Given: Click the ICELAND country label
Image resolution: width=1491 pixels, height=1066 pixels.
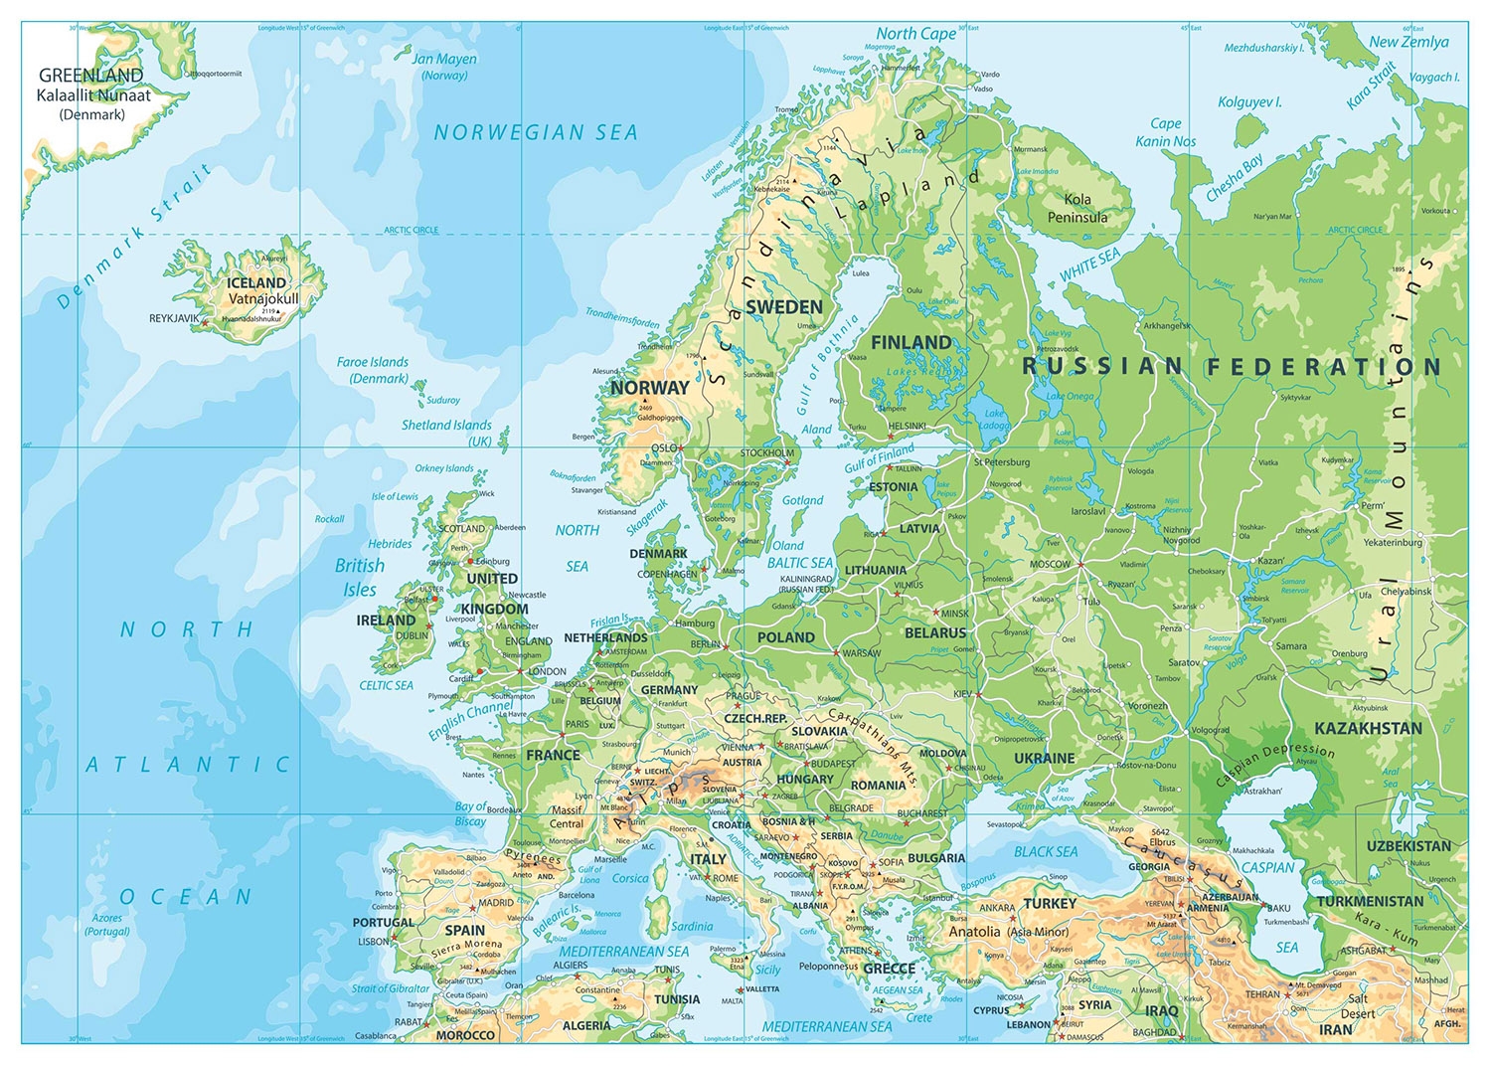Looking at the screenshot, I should point(256,282).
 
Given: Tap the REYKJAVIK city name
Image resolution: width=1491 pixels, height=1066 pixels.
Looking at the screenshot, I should point(174,319).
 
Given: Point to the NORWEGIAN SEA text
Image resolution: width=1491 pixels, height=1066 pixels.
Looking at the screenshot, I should point(536,132).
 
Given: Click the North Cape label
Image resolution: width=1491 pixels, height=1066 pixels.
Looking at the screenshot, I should point(915,34).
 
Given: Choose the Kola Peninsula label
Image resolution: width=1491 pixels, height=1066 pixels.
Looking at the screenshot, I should point(1077,208).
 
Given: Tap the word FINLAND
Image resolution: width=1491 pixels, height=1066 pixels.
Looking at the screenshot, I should point(911,342).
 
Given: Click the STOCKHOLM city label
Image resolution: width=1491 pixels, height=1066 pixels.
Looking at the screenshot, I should point(767,452).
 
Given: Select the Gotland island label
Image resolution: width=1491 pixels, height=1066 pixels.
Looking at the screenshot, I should point(802,500).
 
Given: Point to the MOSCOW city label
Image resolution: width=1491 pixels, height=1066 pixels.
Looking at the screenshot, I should point(1050,564).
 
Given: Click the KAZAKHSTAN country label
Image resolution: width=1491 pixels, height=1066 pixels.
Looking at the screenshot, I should point(1368,728).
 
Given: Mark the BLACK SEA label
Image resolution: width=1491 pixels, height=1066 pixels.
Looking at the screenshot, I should point(1046,851).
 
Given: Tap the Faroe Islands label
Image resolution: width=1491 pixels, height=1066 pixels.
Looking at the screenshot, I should point(373,370).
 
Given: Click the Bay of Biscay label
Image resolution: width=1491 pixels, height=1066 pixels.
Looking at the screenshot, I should point(470,813).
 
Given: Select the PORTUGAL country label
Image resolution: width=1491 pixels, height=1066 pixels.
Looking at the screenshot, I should point(383,922).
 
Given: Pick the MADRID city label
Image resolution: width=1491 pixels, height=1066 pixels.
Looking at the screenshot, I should point(496,903).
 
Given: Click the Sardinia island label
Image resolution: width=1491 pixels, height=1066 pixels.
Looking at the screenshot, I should point(692,926).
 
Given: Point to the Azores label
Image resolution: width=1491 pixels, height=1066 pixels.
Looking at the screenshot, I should point(107,924).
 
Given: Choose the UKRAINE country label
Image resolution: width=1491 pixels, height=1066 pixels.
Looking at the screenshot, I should point(1044,758).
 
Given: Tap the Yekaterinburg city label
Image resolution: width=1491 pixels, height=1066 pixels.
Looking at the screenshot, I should point(1392,542).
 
